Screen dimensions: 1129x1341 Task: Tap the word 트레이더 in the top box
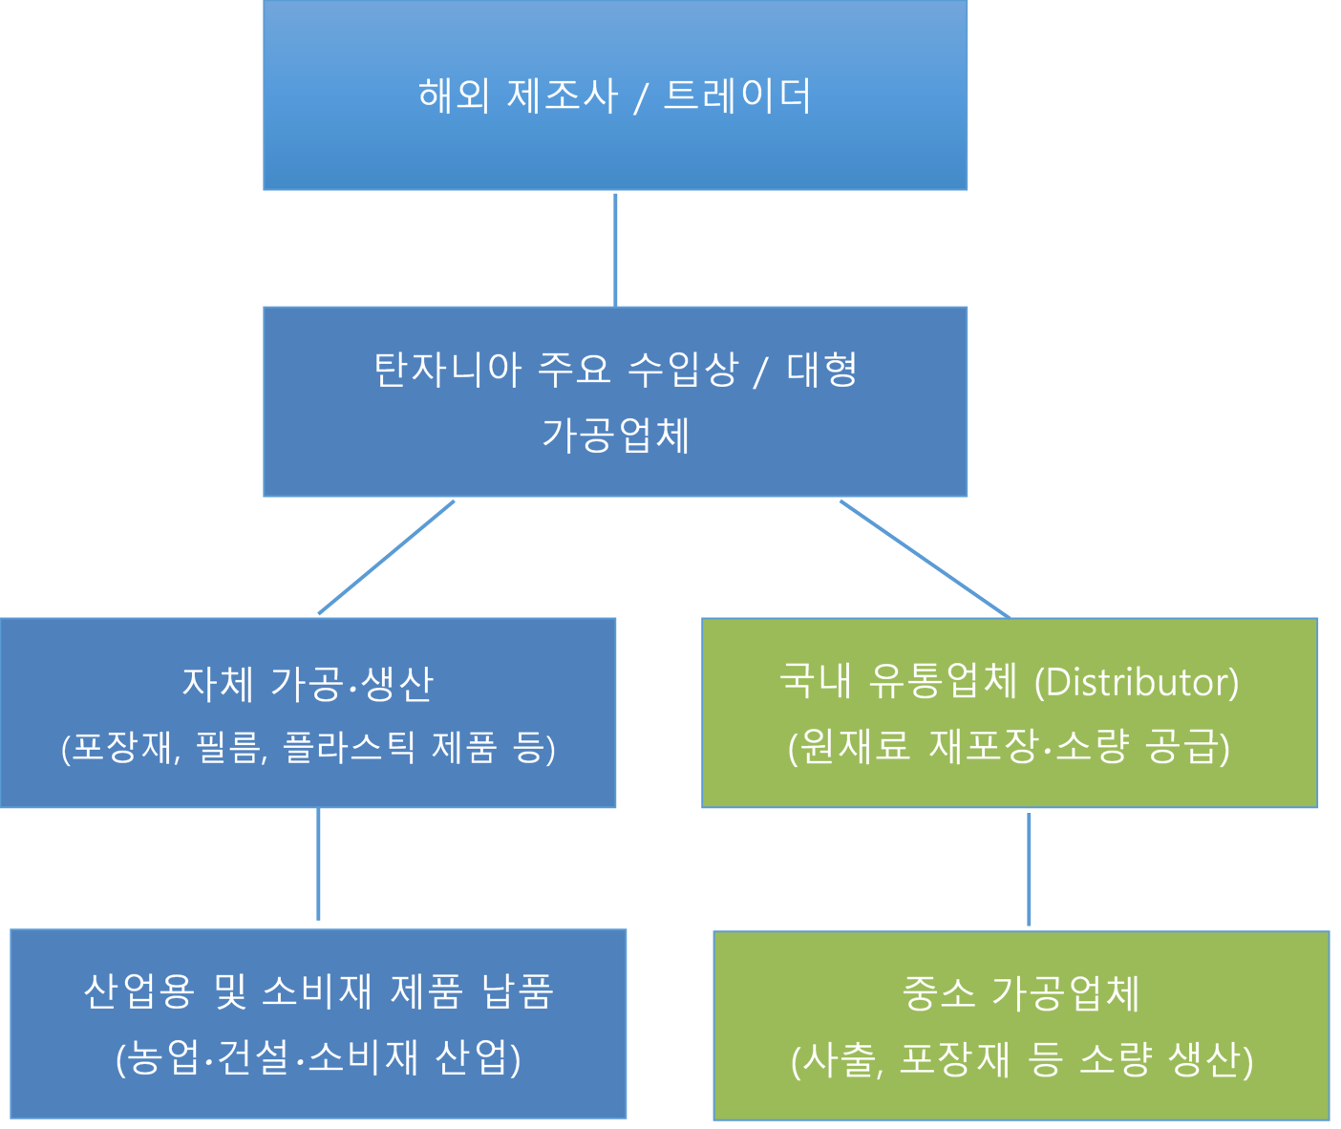pyautogui.click(x=736, y=96)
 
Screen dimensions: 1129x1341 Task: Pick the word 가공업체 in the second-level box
pyautogui.click(x=615, y=435)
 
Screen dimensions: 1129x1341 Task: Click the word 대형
pyautogui.click(x=822, y=369)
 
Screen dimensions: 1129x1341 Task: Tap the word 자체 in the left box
pyautogui.click(x=218, y=683)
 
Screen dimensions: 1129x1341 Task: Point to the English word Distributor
pyautogui.click(x=1136, y=682)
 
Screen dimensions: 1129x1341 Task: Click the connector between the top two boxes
pyautogui.click(x=615, y=248)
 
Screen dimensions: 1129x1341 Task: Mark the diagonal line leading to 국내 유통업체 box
pyautogui.click(x=925, y=559)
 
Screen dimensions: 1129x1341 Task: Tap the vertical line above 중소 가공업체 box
pyautogui.click(x=1029, y=868)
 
